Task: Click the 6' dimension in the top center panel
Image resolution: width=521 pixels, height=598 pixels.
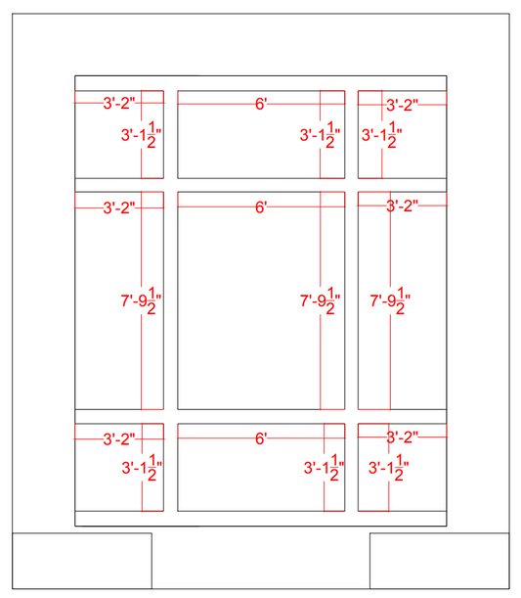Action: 261,104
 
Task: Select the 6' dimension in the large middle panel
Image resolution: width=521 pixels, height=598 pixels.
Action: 261,207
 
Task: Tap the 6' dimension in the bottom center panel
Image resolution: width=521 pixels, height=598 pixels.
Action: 261,438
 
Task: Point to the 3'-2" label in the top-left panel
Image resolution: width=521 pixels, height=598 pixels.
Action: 119,103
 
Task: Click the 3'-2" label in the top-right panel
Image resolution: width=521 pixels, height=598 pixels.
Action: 402,105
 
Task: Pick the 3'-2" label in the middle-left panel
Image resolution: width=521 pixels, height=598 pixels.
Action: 119,207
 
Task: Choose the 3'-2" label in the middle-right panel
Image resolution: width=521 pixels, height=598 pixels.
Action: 402,206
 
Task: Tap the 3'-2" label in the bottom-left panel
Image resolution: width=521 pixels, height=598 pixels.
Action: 119,439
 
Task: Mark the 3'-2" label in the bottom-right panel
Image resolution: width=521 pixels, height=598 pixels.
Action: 402,437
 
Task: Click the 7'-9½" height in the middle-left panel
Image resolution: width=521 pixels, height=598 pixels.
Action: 142,300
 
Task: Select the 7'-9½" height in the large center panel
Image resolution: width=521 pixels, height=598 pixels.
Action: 321,300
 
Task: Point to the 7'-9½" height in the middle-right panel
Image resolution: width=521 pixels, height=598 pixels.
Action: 390,300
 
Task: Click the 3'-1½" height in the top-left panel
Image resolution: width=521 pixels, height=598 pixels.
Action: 142,135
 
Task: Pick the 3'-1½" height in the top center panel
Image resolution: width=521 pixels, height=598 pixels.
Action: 321,135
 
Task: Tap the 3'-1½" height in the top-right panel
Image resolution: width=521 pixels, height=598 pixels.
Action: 382,135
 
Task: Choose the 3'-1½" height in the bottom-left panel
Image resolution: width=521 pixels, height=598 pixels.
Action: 142,468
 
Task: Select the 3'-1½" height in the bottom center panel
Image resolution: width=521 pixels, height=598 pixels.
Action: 325,468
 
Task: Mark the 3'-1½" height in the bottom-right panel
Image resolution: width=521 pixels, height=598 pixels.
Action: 389,468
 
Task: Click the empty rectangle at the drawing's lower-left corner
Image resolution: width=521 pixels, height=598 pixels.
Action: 82,561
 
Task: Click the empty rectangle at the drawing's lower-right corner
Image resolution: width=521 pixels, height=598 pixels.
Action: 440,561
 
